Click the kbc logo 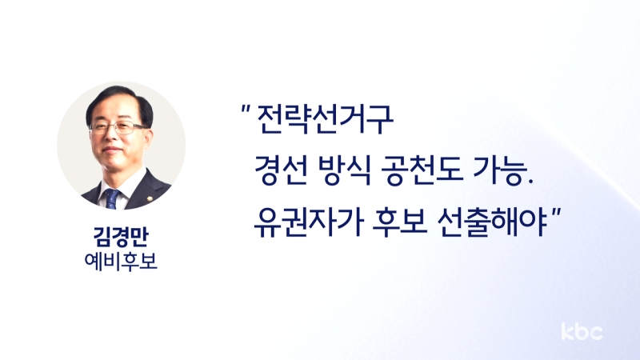[x=582, y=331]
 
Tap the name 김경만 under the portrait [x=121, y=236]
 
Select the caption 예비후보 [x=121, y=262]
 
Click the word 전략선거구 [x=326, y=119]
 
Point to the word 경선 [x=282, y=170]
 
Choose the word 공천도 [x=422, y=170]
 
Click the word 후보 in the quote [x=400, y=222]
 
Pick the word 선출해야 [x=492, y=222]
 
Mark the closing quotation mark [x=557, y=212]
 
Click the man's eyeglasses [x=118, y=128]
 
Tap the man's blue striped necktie [x=112, y=198]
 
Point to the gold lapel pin [x=150, y=199]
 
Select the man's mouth [x=113, y=150]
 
